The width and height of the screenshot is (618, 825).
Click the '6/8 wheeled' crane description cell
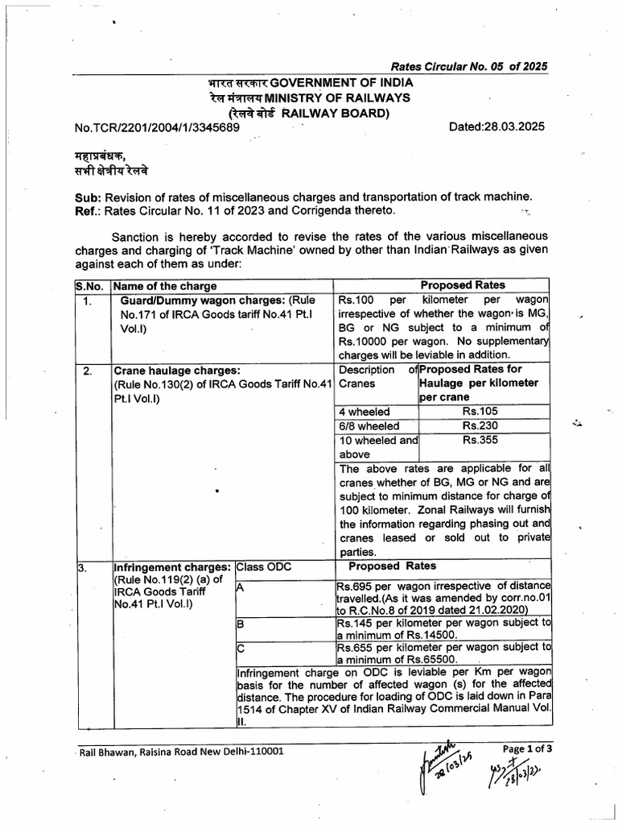(x=369, y=426)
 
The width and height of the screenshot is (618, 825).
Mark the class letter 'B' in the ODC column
(x=240, y=624)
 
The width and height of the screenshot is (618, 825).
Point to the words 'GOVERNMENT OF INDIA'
(x=342, y=83)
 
